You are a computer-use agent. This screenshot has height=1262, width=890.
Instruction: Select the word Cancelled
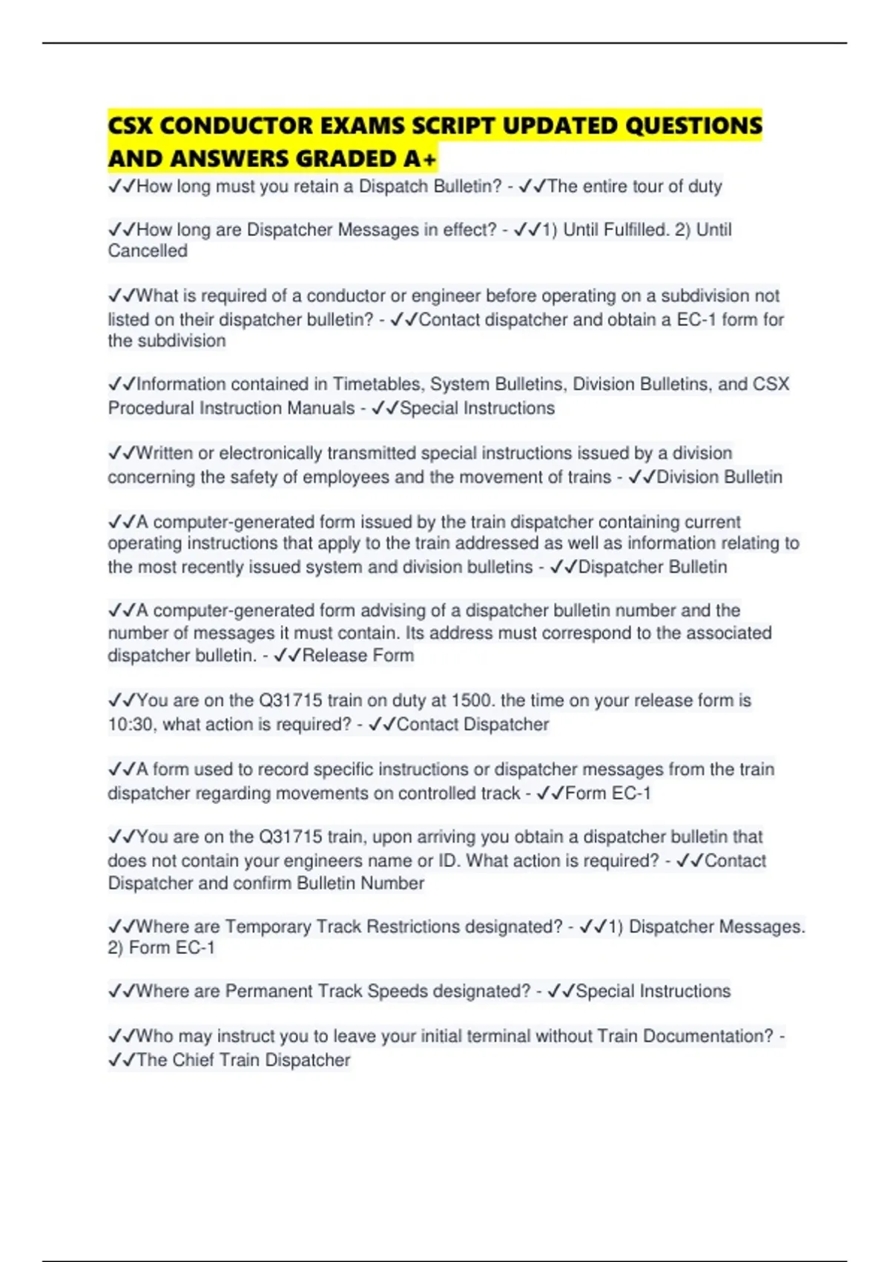pyautogui.click(x=148, y=251)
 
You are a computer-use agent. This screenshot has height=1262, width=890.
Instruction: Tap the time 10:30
pyautogui.click(x=131, y=724)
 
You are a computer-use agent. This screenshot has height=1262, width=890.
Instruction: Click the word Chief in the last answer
pyautogui.click(x=194, y=1059)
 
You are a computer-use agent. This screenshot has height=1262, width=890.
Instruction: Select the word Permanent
pyautogui.click(x=267, y=991)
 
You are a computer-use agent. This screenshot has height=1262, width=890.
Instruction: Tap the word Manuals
pyautogui.click(x=322, y=408)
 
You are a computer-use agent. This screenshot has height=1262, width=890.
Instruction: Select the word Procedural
pyautogui.click(x=151, y=408)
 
